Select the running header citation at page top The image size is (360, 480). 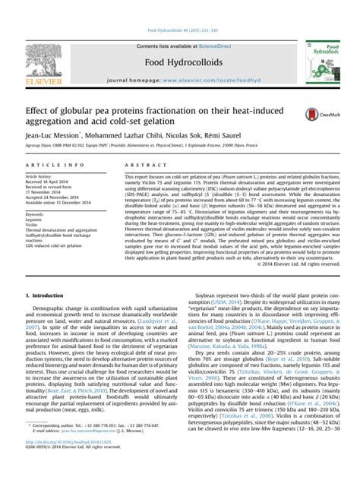coord(179,6)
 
